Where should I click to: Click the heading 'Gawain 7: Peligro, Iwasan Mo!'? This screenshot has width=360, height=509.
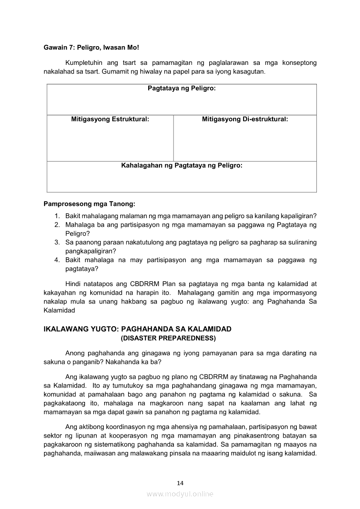coord(91,47)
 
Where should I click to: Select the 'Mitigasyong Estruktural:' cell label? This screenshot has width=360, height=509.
coord(110,119)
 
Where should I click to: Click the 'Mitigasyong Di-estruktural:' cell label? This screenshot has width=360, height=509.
coord(245,119)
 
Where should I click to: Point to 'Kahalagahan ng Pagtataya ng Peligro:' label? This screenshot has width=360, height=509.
coord(181,165)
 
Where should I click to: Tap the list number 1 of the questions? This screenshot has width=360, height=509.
coord(57,216)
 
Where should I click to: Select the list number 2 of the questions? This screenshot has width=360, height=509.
coord(57,225)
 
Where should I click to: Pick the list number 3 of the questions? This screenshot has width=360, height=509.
coord(57,243)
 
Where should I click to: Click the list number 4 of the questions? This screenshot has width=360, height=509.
coord(57,260)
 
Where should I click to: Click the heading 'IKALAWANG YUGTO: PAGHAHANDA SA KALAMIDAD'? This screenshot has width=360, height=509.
coord(137,329)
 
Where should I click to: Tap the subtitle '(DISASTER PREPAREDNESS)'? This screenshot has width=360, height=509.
coord(168,337)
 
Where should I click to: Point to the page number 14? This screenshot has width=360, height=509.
coord(180,482)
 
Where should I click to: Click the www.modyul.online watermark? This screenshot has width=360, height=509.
coord(180,494)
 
